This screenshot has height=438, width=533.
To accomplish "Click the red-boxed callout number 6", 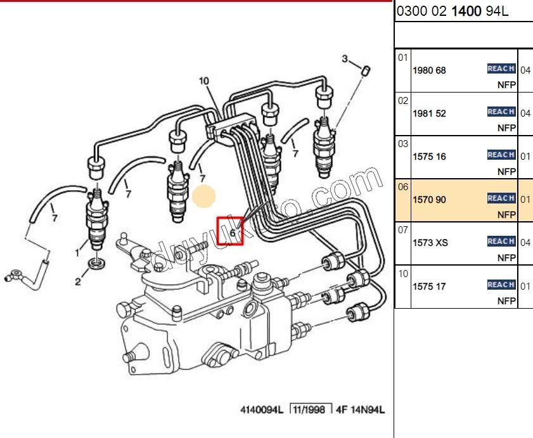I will point(231,233).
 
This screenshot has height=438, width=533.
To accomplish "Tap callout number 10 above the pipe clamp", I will point(203,81).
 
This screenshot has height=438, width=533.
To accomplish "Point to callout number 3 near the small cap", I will point(345,60).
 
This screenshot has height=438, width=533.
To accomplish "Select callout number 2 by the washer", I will point(78,282).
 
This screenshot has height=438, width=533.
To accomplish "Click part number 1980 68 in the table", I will point(429,70).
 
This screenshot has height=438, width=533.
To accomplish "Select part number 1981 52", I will point(429,113).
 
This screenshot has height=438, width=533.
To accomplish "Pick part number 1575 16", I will point(429,157).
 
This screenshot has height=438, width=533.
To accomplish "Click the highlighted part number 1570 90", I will point(429,200).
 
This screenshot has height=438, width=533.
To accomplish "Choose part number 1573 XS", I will point(430,243).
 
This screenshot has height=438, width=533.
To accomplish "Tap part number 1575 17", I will point(429,286).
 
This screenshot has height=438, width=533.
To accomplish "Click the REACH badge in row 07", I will point(501,241).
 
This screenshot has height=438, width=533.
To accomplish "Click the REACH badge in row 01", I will point(501,68).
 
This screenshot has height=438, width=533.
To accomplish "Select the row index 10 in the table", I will point(404,273).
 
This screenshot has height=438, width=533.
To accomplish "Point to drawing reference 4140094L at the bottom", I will point(260,410).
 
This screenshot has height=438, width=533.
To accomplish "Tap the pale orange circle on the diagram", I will point(204,197).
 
